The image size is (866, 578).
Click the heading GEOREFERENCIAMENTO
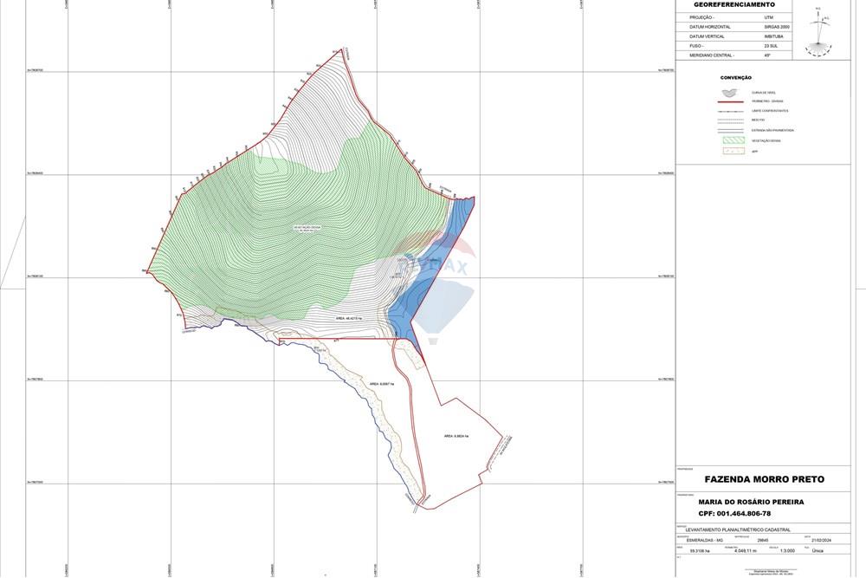(734, 5)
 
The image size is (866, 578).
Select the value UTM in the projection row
(768, 17)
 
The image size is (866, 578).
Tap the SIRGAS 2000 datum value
(777, 27)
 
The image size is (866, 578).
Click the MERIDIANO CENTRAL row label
(712, 55)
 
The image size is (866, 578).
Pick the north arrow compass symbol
(818, 33)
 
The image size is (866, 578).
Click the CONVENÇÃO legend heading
(735, 78)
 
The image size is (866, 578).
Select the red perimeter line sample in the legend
(732, 101)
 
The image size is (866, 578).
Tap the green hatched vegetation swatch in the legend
(732, 140)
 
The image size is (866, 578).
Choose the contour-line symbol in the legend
(732, 91)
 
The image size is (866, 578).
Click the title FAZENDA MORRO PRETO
(764, 479)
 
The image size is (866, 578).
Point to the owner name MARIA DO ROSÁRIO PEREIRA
(751, 502)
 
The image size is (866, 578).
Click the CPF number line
(734, 513)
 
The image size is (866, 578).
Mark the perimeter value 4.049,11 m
(745, 551)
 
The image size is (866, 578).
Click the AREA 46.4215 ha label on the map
(348, 319)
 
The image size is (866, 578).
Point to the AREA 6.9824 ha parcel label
(456, 436)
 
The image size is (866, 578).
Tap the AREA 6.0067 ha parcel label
(381, 384)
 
